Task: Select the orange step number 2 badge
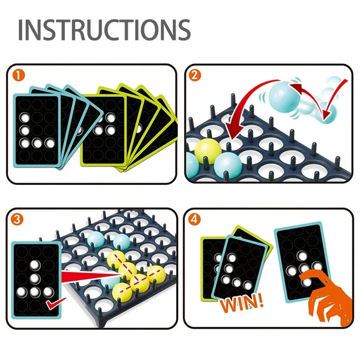pyautogui.click(x=195, y=75)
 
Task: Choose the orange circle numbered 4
pyautogui.click(x=195, y=219)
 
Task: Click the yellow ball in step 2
pyautogui.click(x=207, y=150)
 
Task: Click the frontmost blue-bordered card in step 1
pyautogui.click(x=37, y=130)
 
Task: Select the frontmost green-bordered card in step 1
pyautogui.click(x=103, y=130)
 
